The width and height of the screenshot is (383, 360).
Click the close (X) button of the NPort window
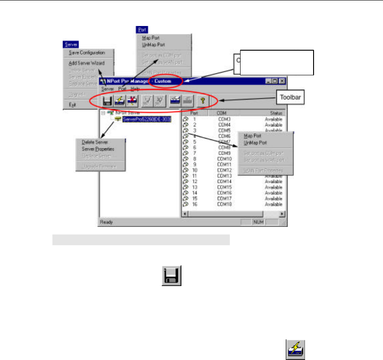tap(282, 81)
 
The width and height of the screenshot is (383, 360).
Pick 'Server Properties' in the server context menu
tap(98, 149)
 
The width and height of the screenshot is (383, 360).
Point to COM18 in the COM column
tap(224, 204)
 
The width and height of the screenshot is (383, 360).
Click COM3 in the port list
tap(224, 120)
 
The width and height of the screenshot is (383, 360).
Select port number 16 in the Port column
tap(195, 204)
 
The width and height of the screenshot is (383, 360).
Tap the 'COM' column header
tap(222, 114)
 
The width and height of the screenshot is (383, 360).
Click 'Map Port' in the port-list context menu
tap(252, 136)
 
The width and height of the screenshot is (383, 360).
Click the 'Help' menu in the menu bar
tap(135, 89)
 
